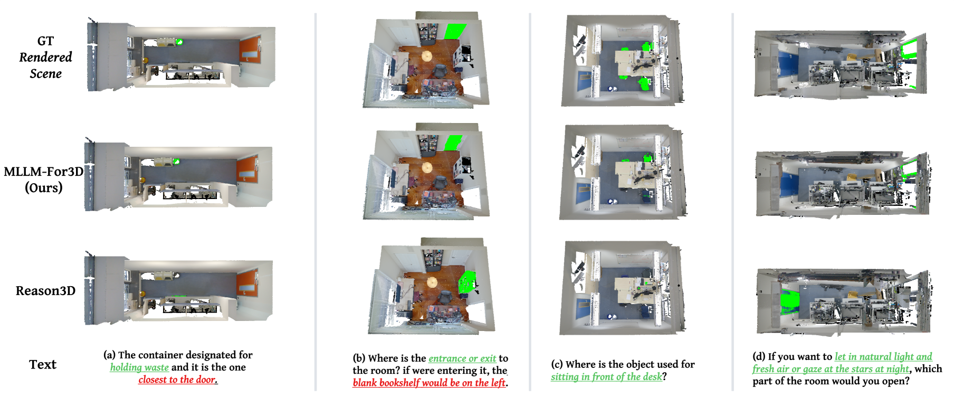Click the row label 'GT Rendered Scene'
click(45, 57)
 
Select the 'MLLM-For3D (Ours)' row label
click(44, 179)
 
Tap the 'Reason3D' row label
click(45, 291)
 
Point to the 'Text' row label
click(43, 364)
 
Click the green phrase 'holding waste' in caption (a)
click(139, 367)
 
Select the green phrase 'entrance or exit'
click(462, 358)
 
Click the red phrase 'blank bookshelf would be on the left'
click(429, 383)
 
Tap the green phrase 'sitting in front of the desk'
click(606, 377)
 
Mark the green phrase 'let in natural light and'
click(883, 357)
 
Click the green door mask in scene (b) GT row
click(454, 32)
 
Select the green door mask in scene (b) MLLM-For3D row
click(453, 143)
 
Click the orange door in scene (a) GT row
click(250, 49)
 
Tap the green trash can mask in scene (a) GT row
click(179, 42)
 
